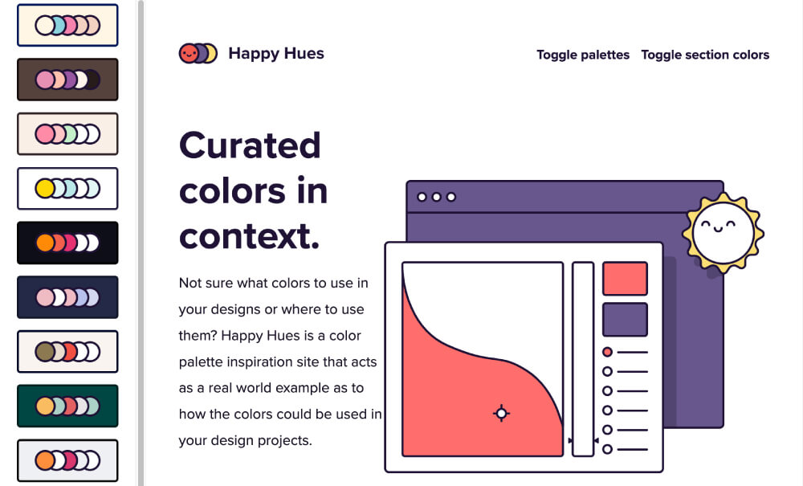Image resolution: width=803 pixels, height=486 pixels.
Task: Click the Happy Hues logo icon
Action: pyautogui.click(x=198, y=54)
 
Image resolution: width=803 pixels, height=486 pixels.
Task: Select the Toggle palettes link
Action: pyautogui.click(x=583, y=55)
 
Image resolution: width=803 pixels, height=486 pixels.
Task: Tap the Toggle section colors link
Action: pyautogui.click(x=705, y=55)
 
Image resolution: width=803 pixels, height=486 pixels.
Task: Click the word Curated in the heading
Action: pyautogui.click(x=250, y=145)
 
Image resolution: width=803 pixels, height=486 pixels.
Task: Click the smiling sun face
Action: pyautogui.click(x=722, y=231)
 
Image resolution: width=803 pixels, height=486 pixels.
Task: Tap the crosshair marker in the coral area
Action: pyautogui.click(x=501, y=413)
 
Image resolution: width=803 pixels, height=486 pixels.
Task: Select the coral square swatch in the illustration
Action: pyautogui.click(x=625, y=279)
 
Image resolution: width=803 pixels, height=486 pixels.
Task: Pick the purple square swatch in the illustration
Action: pyautogui.click(x=625, y=319)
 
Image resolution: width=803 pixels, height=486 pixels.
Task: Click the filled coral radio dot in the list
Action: pyautogui.click(x=607, y=352)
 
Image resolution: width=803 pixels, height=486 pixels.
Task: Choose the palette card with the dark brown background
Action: pyautogui.click(x=67, y=80)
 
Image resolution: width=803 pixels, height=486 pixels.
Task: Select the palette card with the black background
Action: pyautogui.click(x=67, y=243)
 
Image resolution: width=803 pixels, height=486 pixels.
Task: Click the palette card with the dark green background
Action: pyautogui.click(x=67, y=406)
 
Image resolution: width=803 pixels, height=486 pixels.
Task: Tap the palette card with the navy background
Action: pyautogui.click(x=67, y=297)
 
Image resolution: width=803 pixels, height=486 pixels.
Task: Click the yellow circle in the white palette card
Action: pyautogui.click(x=45, y=189)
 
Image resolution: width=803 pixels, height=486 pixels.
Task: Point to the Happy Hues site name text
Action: pyautogui.click(x=276, y=54)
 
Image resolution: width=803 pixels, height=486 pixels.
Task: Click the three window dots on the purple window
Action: pyautogui.click(x=436, y=197)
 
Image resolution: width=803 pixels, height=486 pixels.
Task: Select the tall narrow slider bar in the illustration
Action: pyautogui.click(x=583, y=359)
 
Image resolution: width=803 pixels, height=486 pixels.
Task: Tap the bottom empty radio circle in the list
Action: pyautogui.click(x=607, y=449)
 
